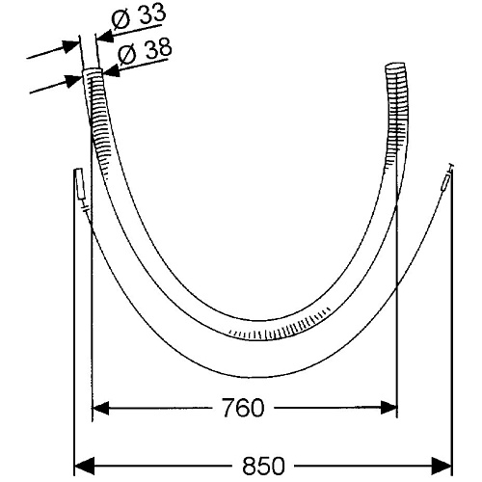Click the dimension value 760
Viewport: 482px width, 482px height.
243,408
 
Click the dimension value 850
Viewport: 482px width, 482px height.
263,466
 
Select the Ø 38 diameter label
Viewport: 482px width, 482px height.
145,52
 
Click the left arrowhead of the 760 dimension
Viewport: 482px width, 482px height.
100,408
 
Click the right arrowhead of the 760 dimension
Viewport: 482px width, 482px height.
388,408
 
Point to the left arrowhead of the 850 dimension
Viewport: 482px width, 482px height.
83,466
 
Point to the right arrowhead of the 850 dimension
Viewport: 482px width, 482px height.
442,466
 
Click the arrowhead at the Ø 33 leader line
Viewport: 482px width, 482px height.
105,36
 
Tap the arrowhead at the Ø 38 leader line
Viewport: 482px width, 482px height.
111,71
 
